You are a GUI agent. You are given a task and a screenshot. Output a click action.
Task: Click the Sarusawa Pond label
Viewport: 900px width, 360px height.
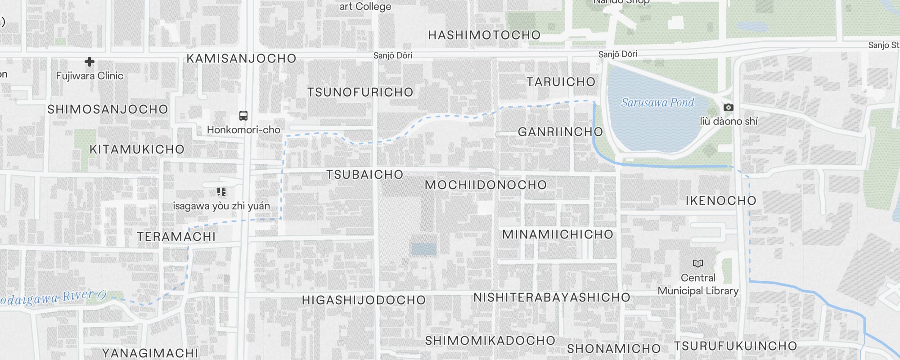coord(657,103)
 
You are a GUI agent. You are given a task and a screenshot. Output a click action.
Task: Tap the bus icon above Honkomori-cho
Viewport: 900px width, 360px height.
coord(243,116)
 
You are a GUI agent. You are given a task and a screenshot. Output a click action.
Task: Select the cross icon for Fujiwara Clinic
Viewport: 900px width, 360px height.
coord(90,62)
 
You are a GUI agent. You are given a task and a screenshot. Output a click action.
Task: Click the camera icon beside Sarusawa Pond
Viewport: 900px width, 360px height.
coord(728,108)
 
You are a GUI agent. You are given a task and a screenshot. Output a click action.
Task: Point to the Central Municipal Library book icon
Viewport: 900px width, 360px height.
coord(698,263)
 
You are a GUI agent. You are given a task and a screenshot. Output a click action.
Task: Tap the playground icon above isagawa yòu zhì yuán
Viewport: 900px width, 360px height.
coord(221,192)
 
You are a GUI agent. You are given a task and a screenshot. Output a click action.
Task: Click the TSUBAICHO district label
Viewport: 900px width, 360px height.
coord(364,175)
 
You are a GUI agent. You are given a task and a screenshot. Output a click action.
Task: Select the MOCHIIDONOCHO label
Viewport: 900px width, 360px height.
coord(486,185)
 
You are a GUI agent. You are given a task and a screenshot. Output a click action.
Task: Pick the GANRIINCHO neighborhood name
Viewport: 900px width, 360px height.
coord(560,132)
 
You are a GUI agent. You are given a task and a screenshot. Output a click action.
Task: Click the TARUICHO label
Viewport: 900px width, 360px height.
coord(561,82)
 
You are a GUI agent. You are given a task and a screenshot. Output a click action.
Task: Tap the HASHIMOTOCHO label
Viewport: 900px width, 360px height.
coord(484,35)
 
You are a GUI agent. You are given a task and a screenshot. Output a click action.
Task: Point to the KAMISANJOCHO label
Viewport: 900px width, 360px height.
coord(241,58)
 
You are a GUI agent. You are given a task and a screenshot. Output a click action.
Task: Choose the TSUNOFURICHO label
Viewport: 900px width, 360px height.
coord(360,92)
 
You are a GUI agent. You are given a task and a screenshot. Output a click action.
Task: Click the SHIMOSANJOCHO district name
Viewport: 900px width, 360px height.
coord(108,109)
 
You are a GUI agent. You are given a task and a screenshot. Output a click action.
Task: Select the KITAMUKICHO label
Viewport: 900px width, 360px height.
coord(137,149)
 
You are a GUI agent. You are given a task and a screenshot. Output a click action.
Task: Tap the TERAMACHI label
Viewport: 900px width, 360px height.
coord(176,237)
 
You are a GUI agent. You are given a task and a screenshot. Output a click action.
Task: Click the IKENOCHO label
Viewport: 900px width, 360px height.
coord(721,201)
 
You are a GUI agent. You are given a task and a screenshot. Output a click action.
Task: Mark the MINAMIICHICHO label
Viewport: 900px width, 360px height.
coord(558,234)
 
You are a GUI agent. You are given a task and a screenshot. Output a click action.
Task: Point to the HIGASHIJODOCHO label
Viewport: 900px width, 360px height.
coord(364,300)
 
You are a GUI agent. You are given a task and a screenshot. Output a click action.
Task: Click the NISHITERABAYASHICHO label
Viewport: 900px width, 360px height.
coord(552,297)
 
